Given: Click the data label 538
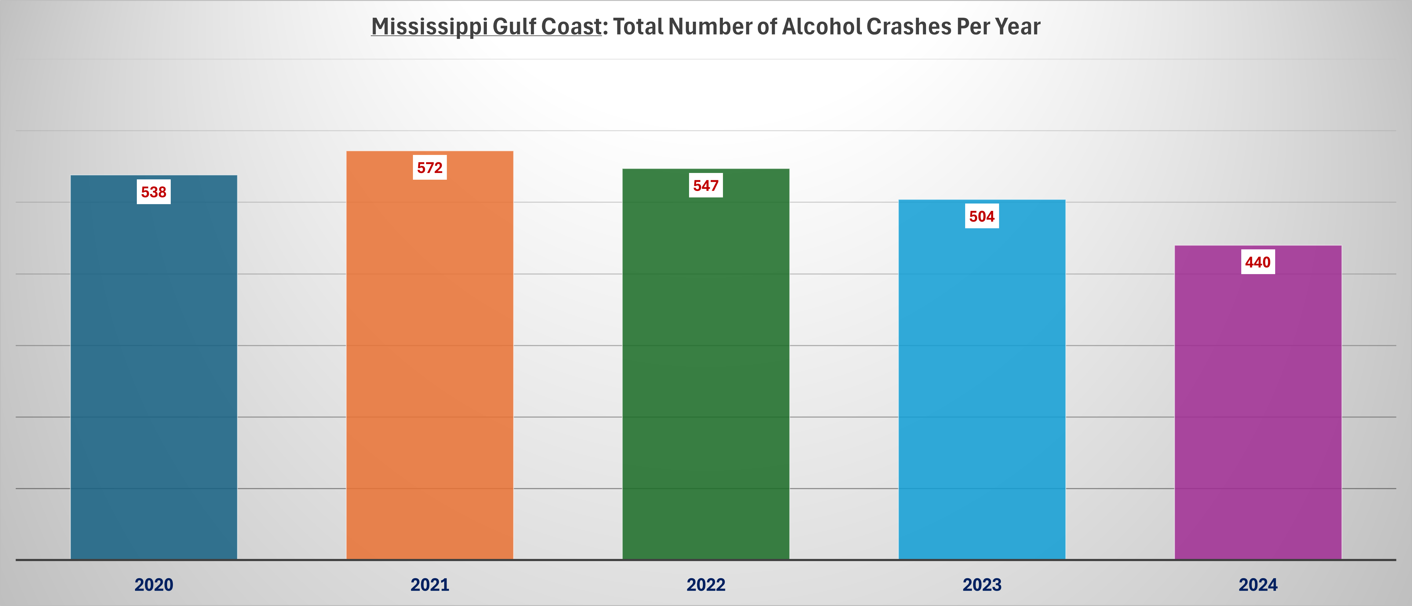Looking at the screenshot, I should pos(153,192).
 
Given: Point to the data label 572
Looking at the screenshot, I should pos(430,168).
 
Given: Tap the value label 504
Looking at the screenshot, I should pos(982,216).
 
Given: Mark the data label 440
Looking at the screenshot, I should pos(1258,262).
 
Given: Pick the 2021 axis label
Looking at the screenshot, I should pos(430,585).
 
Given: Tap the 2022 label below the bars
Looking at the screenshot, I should pos(706,585).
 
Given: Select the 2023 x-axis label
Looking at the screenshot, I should pos(982,585).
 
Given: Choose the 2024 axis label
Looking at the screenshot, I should pos(1258,585).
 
